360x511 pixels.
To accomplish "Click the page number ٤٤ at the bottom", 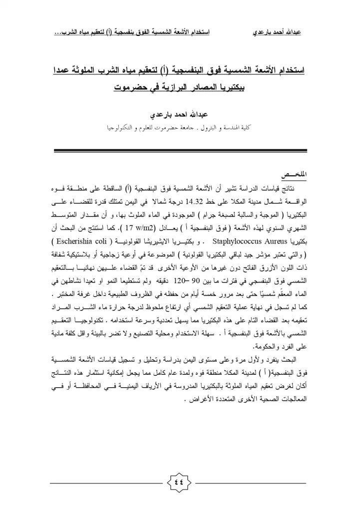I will tap(180, 483).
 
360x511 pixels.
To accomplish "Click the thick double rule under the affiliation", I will tap(180, 150).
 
